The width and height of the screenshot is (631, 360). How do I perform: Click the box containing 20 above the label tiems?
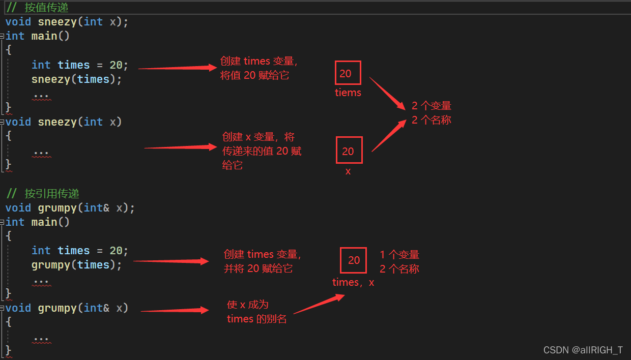tap(348, 73)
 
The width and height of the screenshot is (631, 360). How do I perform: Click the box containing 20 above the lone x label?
tap(349, 150)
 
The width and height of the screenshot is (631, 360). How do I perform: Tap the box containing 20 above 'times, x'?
tap(354, 260)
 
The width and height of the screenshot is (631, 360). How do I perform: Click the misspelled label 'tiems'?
tap(348, 93)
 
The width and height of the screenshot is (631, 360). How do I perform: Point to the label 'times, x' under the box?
tap(353, 282)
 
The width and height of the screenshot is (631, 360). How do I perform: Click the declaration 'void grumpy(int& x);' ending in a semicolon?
tap(70, 208)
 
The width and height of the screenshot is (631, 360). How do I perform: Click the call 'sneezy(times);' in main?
tap(77, 79)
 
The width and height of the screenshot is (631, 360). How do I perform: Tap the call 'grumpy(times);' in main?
tap(77, 265)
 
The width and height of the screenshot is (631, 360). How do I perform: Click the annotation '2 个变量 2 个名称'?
tap(432, 113)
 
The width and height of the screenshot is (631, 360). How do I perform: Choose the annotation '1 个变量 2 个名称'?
tap(399, 262)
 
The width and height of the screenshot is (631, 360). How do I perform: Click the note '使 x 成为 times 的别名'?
tap(256, 312)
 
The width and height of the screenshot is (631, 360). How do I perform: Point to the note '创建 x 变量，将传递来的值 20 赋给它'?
tap(262, 151)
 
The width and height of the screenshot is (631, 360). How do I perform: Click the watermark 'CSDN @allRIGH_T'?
tap(583, 350)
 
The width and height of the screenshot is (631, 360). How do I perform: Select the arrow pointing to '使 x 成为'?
tap(175, 310)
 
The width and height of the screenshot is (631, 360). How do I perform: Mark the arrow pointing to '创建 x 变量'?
tap(181, 147)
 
